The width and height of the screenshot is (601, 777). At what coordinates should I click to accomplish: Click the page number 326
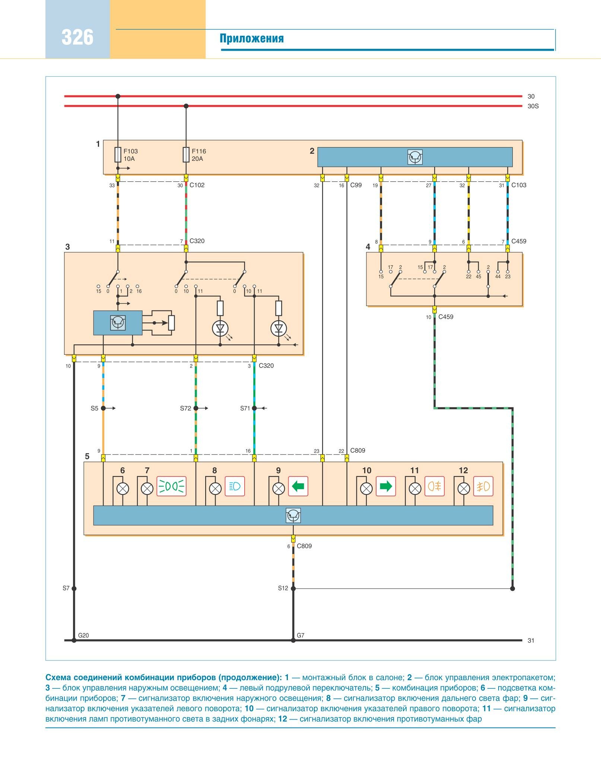click(x=77, y=37)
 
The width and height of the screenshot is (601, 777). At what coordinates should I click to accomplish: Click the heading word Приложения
click(x=251, y=38)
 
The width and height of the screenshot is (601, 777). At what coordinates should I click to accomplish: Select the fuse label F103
click(x=130, y=151)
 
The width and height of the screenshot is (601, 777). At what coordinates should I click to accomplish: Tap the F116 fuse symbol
click(x=186, y=155)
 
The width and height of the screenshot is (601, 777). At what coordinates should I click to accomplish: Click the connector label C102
click(x=197, y=185)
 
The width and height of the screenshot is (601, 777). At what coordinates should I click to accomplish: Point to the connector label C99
click(x=356, y=185)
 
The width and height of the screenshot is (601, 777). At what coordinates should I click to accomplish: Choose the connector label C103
click(x=519, y=185)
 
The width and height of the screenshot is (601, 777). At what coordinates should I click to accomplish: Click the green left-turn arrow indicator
click(x=298, y=486)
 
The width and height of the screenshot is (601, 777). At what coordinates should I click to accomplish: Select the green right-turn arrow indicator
click(x=385, y=486)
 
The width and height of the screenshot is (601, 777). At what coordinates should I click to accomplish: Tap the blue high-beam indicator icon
click(x=235, y=486)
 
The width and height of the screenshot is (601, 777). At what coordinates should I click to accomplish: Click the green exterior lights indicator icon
click(x=171, y=486)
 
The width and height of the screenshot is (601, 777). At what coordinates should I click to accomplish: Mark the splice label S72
click(x=185, y=408)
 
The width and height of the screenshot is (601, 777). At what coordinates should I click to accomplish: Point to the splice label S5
click(x=94, y=408)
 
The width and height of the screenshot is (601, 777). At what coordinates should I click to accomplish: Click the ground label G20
click(x=83, y=636)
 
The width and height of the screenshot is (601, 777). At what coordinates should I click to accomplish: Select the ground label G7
click(x=300, y=636)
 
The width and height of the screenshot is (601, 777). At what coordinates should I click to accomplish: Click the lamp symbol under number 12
click(x=464, y=489)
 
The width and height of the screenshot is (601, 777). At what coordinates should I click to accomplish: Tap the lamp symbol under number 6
click(x=123, y=489)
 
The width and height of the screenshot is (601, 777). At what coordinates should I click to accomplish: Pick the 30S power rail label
click(x=533, y=106)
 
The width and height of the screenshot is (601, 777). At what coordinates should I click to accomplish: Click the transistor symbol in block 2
click(x=415, y=157)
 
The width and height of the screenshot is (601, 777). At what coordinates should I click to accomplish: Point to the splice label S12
click(x=283, y=588)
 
